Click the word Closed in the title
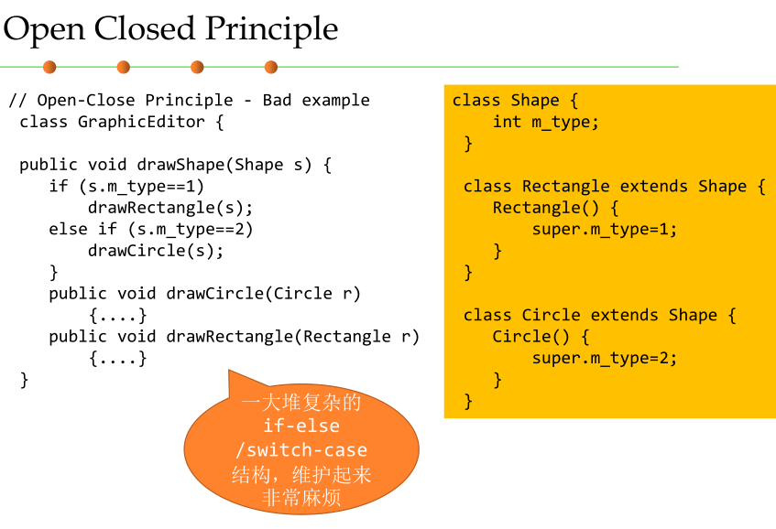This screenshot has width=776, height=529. (144, 28)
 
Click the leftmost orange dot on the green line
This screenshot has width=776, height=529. (49, 67)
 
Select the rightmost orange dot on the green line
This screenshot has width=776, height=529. (271, 67)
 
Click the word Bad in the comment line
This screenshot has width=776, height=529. (277, 100)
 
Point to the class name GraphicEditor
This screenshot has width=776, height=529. (141, 122)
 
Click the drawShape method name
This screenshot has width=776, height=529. (181, 165)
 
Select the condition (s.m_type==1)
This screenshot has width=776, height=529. (141, 187)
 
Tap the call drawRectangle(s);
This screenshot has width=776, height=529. (170, 208)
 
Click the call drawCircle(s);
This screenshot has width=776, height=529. (156, 251)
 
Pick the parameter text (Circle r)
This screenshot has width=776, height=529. (312, 294)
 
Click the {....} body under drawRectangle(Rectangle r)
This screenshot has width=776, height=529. (118, 358)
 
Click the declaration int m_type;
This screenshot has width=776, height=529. (545, 122)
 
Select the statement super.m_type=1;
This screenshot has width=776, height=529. (605, 230)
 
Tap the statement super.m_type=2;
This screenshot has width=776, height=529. (605, 358)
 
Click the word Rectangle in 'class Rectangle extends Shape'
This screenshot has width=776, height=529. (565, 187)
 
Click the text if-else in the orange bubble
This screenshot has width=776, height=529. (301, 426)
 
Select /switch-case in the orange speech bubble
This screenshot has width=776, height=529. (301, 450)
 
